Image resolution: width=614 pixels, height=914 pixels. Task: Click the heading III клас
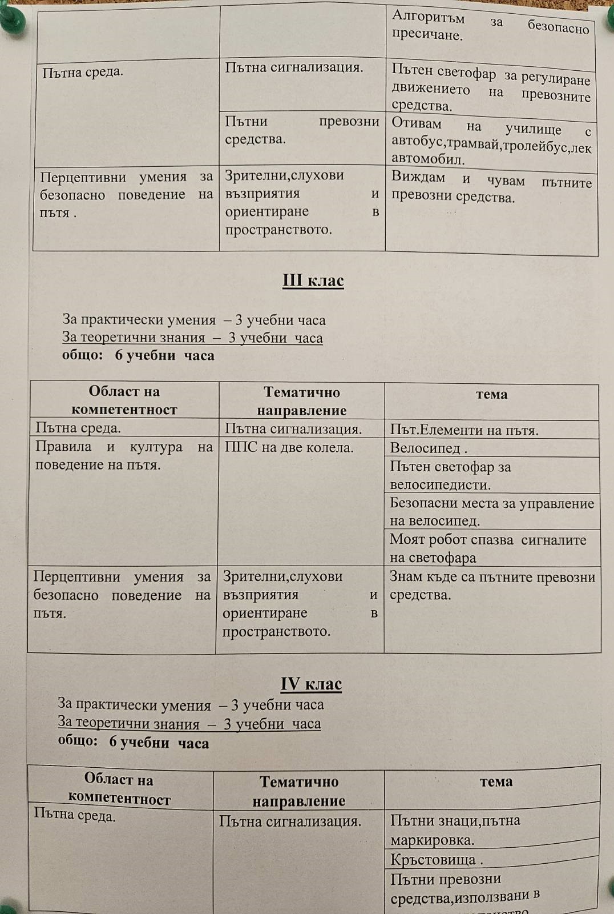coord(313,280)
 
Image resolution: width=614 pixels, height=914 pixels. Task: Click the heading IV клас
coord(311,684)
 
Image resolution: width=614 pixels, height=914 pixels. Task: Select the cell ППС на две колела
coord(289,447)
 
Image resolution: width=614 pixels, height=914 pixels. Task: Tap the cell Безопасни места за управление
coord(491,512)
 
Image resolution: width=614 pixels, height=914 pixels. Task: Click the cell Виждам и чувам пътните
coord(491,189)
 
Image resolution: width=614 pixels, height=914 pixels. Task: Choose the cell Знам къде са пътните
coord(492,586)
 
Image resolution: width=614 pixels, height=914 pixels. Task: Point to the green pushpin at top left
coord(10,22)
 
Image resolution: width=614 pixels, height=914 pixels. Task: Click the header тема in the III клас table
coord(491,394)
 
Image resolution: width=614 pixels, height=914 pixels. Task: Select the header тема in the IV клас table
coord(495,781)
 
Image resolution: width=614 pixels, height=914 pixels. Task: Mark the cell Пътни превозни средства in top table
coord(302,130)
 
